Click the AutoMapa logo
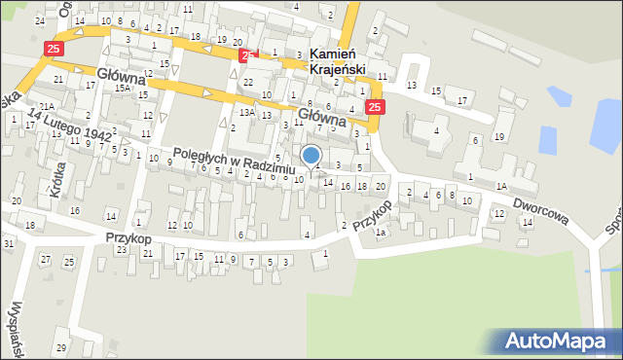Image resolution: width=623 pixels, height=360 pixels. click(x=562, y=341)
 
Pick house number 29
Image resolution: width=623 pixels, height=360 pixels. click(x=60, y=347)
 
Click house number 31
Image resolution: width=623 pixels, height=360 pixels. click(x=8, y=242)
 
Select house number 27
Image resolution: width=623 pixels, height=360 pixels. click(x=45, y=260)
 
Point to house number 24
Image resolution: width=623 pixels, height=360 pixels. click(x=39, y=20)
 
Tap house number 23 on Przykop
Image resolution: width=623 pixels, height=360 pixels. click(x=122, y=250)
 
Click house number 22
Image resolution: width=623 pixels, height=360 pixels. click(x=248, y=82)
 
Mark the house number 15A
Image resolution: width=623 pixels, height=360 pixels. click(x=122, y=89)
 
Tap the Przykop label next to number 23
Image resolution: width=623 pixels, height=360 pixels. click(x=129, y=237)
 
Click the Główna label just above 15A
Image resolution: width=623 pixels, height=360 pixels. click(x=122, y=75)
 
